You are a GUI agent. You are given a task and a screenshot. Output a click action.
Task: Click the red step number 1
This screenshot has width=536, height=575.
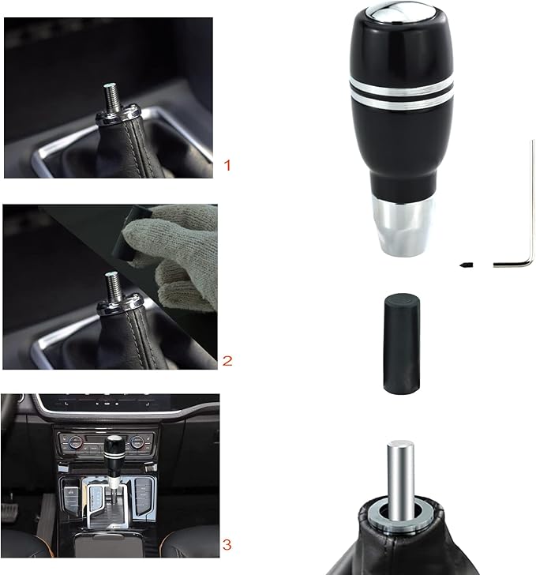click(x=227, y=166)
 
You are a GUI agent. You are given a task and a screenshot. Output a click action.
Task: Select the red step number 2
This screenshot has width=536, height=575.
click(x=227, y=361)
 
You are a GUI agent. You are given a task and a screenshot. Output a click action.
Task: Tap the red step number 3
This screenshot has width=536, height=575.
click(x=227, y=544)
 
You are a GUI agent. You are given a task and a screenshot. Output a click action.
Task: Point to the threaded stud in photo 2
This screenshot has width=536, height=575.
click(x=111, y=283)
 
